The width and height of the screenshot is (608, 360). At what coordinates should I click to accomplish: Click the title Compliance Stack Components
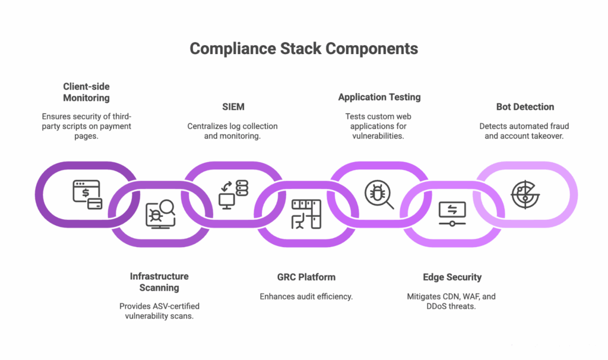[x=303, y=49]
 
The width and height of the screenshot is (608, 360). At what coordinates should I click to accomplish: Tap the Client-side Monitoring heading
[x=86, y=92]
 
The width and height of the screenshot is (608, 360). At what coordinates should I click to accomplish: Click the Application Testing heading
[x=379, y=97]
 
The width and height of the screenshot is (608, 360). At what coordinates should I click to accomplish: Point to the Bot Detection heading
[x=525, y=107]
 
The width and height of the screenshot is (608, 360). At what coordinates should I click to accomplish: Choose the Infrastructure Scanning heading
[x=159, y=282]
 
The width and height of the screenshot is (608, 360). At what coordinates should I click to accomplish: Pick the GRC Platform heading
[x=306, y=277]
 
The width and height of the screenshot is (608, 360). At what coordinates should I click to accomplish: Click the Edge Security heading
[x=452, y=277]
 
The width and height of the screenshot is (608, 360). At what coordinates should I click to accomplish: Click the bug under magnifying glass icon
[x=379, y=195]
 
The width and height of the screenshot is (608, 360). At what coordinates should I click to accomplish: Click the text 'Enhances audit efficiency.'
[x=306, y=296]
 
